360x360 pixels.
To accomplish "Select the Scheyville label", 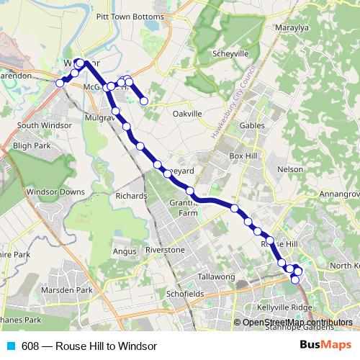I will pos(231,54).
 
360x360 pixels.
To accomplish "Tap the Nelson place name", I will pos(290,169).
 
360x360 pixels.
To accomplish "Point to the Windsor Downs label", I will pos(55,192).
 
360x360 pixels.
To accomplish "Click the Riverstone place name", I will pos(165,250).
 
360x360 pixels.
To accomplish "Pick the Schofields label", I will pos(183,294).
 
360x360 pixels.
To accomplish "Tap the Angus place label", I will pos(125,251).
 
